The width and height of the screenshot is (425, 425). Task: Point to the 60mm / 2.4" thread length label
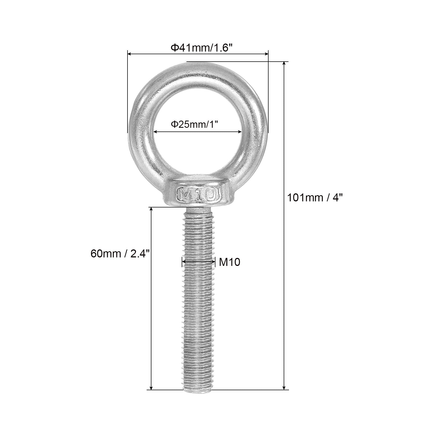pos(121,254)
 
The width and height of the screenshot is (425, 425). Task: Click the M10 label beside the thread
pos(229,262)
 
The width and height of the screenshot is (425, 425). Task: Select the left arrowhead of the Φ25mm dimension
pos(156,131)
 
